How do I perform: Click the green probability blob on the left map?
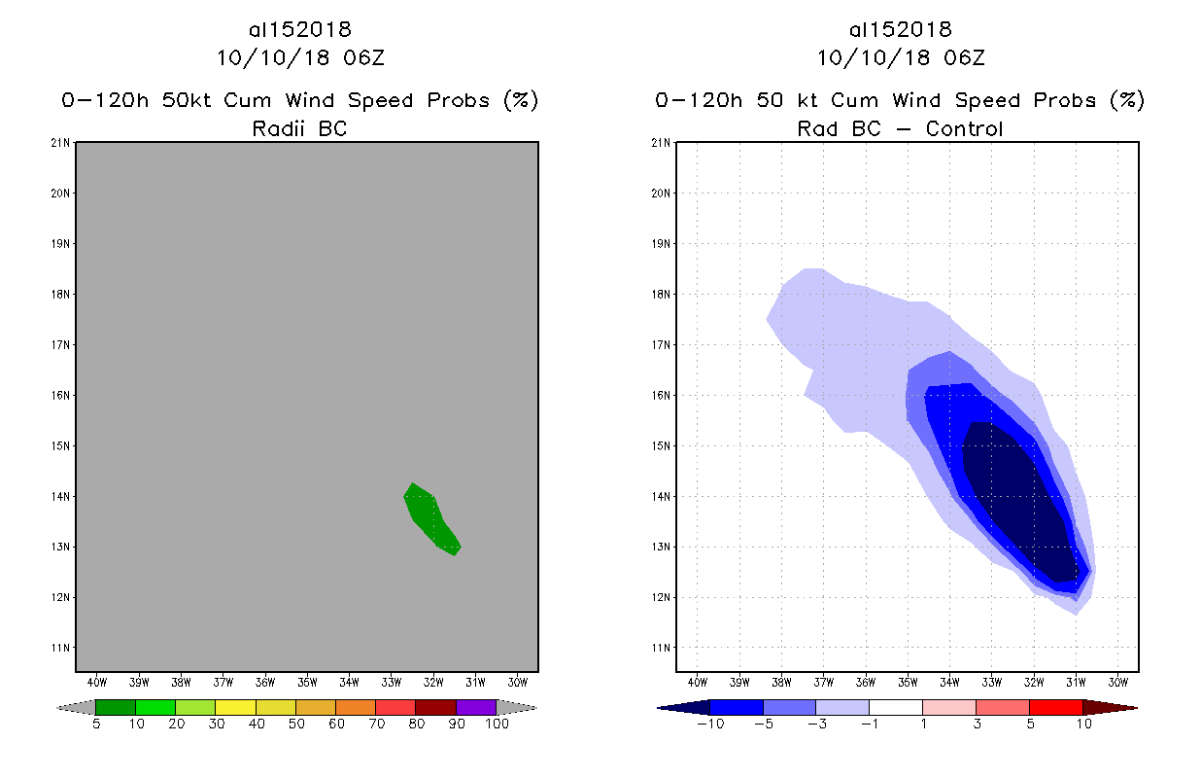point(429,517)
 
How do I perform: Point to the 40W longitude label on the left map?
point(97,682)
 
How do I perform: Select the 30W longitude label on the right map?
point(1117,682)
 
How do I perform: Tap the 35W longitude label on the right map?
point(908,682)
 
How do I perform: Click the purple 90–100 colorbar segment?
point(476,708)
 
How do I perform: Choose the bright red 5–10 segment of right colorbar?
point(1055,707)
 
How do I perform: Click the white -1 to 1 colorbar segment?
point(895,707)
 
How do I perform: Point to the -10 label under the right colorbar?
point(710,725)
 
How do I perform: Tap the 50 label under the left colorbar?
point(296,725)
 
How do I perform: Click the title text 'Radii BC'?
point(299,128)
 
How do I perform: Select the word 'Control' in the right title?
point(964,128)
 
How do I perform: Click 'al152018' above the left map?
point(299,30)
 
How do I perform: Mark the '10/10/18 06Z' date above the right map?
point(901,57)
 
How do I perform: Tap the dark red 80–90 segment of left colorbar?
point(435,708)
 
